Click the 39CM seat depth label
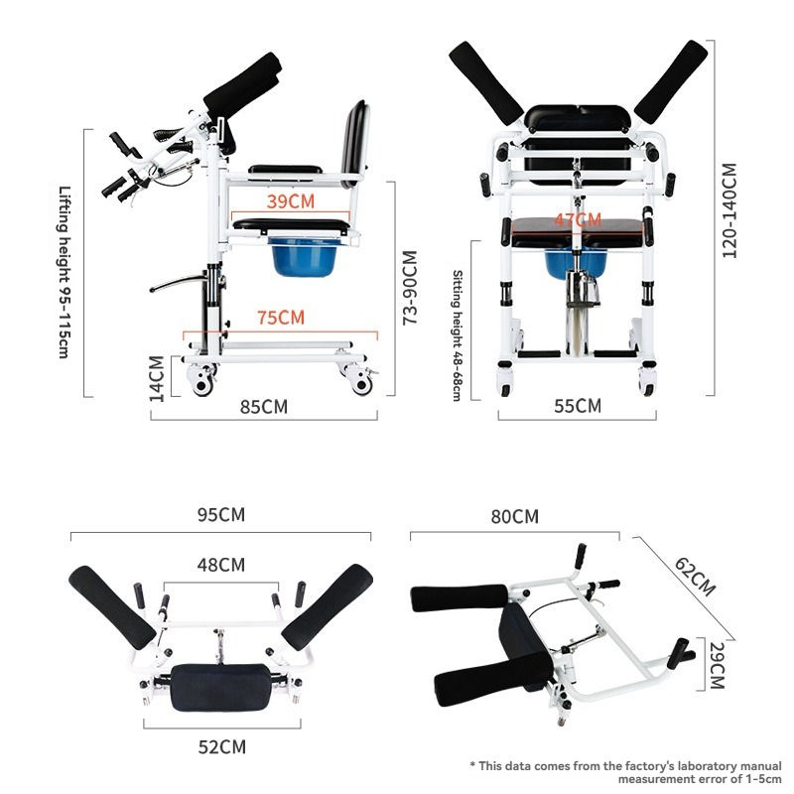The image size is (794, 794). [x=291, y=200]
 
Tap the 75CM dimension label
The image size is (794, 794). [x=280, y=319]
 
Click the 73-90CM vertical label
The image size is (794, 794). [x=408, y=287]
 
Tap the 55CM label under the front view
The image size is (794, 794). [x=577, y=405]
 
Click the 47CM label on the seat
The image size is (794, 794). [x=578, y=219]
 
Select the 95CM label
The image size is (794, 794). [x=220, y=515]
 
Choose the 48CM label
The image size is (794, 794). [x=220, y=566]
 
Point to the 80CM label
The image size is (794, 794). [x=515, y=516]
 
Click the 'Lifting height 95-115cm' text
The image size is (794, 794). [x=65, y=273]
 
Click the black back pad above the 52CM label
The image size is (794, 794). [x=219, y=688]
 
